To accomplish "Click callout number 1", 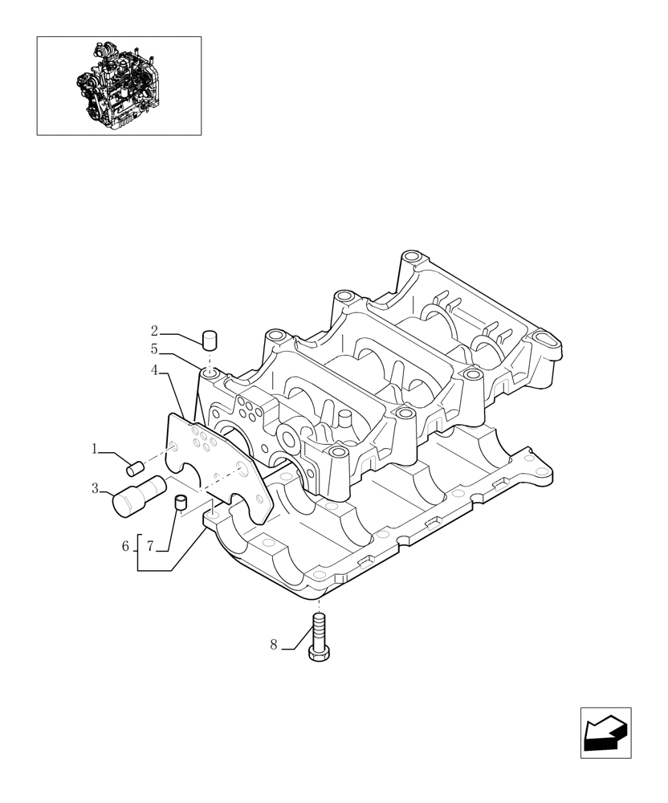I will [x=94, y=450].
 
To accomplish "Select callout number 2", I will [x=154, y=330].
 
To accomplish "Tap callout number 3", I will [x=95, y=487].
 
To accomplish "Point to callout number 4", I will [x=154, y=370].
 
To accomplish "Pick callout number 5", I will [x=154, y=349].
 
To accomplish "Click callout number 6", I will [x=125, y=546].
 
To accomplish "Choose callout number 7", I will [x=150, y=546].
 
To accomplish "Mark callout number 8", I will [x=273, y=645].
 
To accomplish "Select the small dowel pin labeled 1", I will [x=136, y=464].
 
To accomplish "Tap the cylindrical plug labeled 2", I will [x=210, y=338].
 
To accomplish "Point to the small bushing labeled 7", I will [x=181, y=503].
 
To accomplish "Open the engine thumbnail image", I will [x=119, y=85].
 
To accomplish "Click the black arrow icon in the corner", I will [x=605, y=732].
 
